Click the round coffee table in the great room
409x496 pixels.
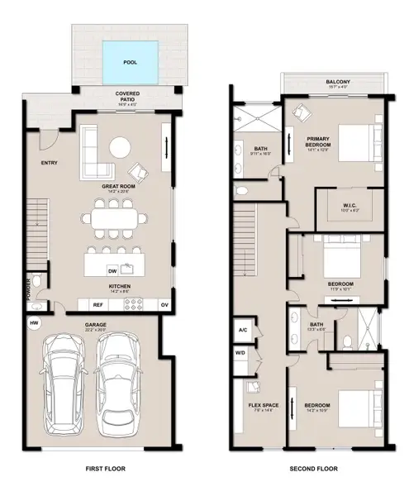click(121, 147)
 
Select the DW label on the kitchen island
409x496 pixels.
click(112, 270)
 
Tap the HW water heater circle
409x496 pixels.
click(35, 322)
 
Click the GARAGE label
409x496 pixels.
click(97, 324)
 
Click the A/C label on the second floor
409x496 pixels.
click(243, 329)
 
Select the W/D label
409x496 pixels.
click(242, 352)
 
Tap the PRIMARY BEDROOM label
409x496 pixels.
click(318, 141)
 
